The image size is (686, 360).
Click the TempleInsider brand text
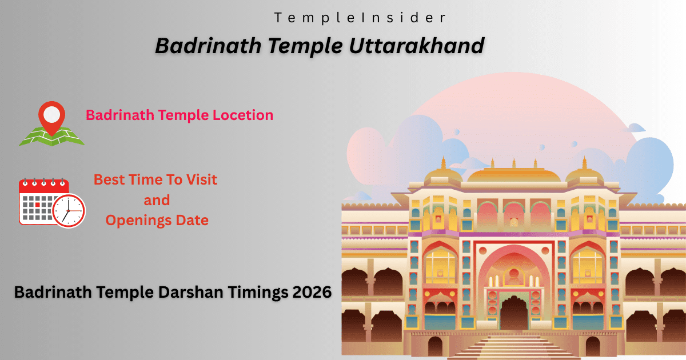(360, 18)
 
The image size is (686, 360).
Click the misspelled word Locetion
(243, 115)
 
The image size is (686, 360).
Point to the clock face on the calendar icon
(69, 210)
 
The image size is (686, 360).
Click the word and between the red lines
(157, 200)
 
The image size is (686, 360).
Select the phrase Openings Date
(157, 219)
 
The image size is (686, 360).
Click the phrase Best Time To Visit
(155, 179)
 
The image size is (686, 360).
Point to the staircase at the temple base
(513, 345)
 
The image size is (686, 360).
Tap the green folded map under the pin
(51, 137)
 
